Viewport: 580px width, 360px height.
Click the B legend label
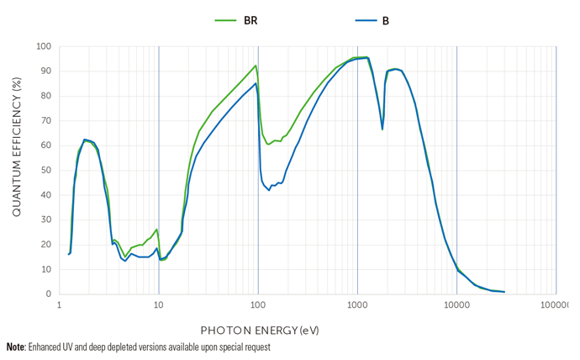pyautogui.click(x=386, y=19)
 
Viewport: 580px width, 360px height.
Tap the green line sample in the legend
pyautogui.click(x=225, y=19)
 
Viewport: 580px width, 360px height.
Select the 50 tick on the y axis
pyautogui.click(x=45, y=171)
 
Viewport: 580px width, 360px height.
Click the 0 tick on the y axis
pyautogui.click(x=48, y=294)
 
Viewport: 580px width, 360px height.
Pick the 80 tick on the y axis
pyautogui.click(x=45, y=96)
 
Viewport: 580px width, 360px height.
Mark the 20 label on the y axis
pyautogui.click(x=45, y=245)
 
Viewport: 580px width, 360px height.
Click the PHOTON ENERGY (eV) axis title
pyautogui.click(x=260, y=330)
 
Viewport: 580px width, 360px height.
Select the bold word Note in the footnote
pyautogui.click(x=15, y=347)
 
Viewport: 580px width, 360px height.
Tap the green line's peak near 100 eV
pyautogui.click(x=256, y=66)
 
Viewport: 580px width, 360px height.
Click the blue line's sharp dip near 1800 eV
pyautogui.click(x=382, y=129)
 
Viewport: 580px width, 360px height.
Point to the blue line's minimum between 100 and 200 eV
pyautogui.click(x=269, y=190)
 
